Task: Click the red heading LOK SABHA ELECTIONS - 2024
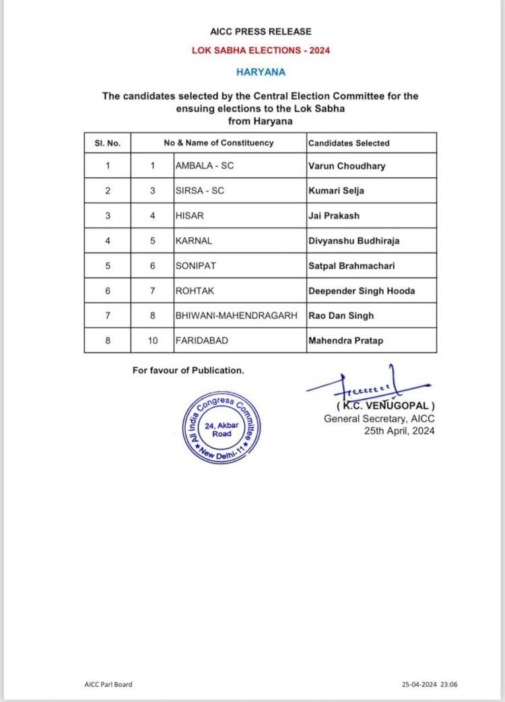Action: [x=260, y=51]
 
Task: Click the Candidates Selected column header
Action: [x=349, y=143]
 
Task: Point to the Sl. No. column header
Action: [x=107, y=143]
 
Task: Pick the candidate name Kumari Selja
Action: [x=336, y=191]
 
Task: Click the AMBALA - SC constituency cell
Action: [x=205, y=166]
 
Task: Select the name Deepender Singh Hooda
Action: [x=362, y=290]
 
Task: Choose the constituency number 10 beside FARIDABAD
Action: [x=153, y=340]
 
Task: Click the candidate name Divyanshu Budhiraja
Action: [x=354, y=241]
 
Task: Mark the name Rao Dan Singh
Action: [x=341, y=315]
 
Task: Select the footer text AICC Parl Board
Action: [x=104, y=684]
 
